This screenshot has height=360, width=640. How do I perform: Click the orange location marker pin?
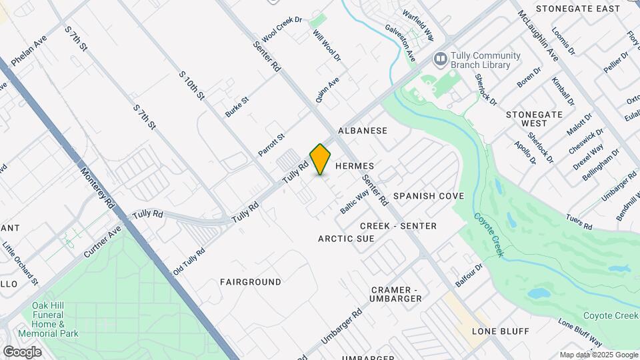(x=321, y=159)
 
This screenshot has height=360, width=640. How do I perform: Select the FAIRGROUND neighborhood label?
(x=251, y=282)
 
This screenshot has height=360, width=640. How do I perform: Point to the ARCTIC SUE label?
(x=346, y=239)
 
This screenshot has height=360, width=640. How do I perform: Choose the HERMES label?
(x=355, y=165)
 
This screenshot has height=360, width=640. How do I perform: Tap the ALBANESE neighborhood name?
(x=363, y=131)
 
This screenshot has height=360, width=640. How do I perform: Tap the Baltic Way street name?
(x=354, y=201)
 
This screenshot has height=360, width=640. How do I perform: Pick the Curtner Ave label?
(x=103, y=242)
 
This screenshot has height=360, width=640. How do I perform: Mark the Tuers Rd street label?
(x=579, y=223)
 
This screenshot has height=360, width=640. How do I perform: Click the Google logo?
(x=22, y=351)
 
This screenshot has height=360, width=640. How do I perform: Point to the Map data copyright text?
(x=598, y=355)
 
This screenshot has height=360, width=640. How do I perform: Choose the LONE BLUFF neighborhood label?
(x=500, y=331)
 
